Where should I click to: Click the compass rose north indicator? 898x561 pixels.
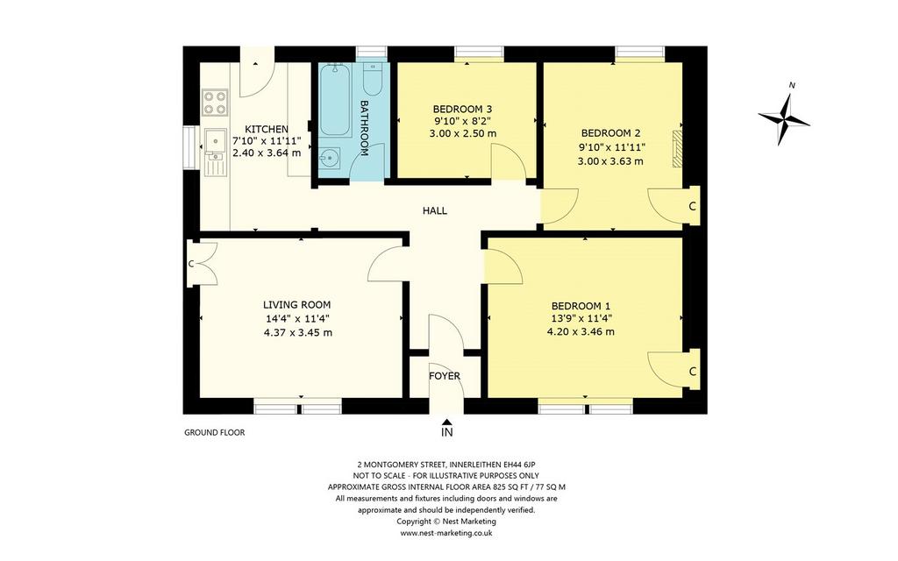coord(783,118)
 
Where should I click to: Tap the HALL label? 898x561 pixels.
coord(435,210)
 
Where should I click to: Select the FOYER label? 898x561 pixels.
coord(445,376)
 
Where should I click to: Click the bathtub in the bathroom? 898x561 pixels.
coord(334,100)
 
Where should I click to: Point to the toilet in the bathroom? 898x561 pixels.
coord(373,81)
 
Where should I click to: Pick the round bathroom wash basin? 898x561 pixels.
coord(330,159)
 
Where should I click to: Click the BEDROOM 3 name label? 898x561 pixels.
coord(463,109)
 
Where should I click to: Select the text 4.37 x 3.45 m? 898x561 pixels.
coord(298,332)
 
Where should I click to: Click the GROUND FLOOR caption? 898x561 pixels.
coord(214,433)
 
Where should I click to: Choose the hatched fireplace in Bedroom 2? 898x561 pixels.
coord(678,148)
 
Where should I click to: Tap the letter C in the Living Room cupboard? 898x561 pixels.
coord(191,264)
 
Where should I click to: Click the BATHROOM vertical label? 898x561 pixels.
coord(363,128)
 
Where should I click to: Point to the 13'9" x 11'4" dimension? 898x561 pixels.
coord(581,319)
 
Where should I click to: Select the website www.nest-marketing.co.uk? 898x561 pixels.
coord(446,533)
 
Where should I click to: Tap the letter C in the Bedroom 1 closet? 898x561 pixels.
coord(693,372)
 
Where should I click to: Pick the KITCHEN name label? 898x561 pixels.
coord(267,130)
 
